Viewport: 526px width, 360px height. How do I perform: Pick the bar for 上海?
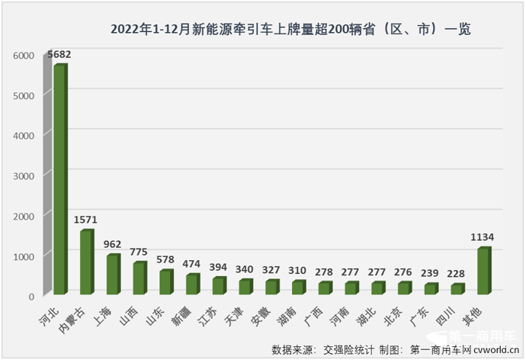pyautogui.click(x=113, y=275)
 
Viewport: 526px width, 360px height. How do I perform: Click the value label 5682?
pyautogui.click(x=59, y=55)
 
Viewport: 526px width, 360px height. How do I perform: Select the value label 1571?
pyautogui.click(x=86, y=220)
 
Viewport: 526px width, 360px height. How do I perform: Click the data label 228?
pyautogui.click(x=457, y=275)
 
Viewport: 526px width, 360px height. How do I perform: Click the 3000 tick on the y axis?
pyautogui.click(x=25, y=176)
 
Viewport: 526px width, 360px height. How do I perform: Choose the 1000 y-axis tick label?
pyautogui.click(x=25, y=256)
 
